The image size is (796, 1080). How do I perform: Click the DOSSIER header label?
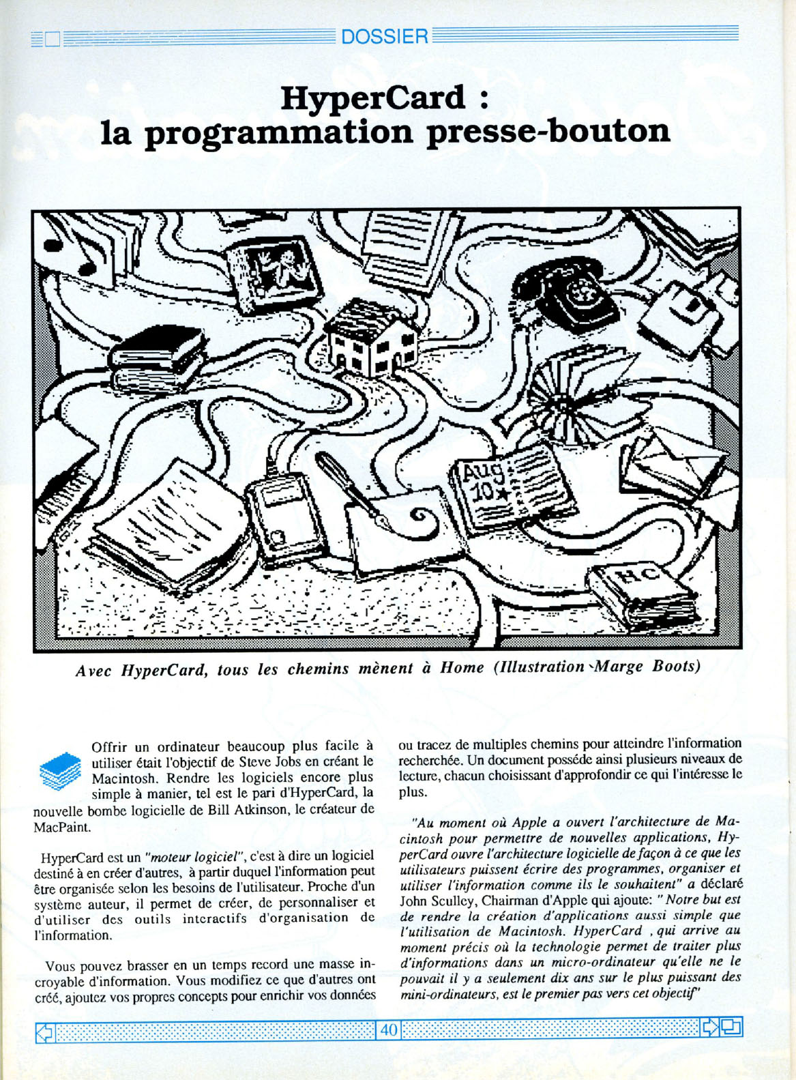pyautogui.click(x=384, y=36)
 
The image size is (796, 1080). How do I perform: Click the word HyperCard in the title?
pyautogui.click(x=372, y=98)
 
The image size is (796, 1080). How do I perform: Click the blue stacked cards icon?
pyautogui.click(x=61, y=772)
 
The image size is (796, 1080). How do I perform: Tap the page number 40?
pyautogui.click(x=389, y=1029)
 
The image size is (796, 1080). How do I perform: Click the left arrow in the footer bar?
pyautogui.click(x=44, y=1029)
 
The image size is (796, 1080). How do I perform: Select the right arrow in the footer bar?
pyautogui.click(x=709, y=1027)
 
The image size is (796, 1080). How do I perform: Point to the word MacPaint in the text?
pyautogui.click(x=62, y=827)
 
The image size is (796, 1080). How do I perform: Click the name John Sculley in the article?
pyautogui.click(x=437, y=900)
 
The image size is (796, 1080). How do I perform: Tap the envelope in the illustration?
pyautogui.click(x=672, y=464)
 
